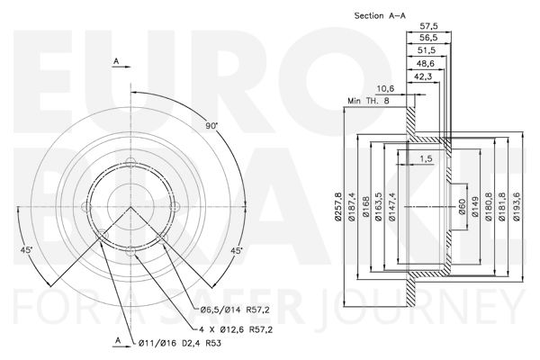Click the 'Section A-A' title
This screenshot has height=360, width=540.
pyautogui.click(x=380, y=15)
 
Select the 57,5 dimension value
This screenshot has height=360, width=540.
pyautogui.click(x=428, y=26)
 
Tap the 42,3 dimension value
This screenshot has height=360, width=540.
pyautogui.click(x=423, y=76)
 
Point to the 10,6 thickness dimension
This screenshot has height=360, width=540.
pyautogui.click(x=385, y=88)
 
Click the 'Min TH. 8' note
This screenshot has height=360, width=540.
pyautogui.click(x=368, y=101)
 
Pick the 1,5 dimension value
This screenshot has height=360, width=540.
pyautogui.click(x=426, y=158)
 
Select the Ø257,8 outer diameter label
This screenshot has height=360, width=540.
pyautogui.click(x=338, y=207)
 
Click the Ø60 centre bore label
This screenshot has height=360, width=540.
pyautogui.click(x=463, y=207)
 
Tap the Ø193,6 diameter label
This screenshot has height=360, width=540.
pyautogui.click(x=517, y=206)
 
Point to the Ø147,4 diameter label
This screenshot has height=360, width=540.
pyautogui.click(x=391, y=207)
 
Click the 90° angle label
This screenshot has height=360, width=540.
pyautogui.click(x=211, y=126)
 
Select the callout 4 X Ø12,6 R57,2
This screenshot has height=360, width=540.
pyautogui.click(x=236, y=329)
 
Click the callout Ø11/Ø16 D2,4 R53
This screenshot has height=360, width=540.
pyautogui.click(x=179, y=343)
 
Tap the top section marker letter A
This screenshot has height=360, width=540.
pyautogui.click(x=116, y=61)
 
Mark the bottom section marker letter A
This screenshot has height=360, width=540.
pyautogui.click(x=118, y=340)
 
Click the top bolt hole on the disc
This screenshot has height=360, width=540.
pyautogui.click(x=130, y=162)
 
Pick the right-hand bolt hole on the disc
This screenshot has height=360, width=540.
pyautogui.click(x=175, y=207)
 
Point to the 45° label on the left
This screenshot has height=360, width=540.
pyautogui.click(x=26, y=250)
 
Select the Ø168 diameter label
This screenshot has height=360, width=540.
pyautogui.click(x=366, y=207)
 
